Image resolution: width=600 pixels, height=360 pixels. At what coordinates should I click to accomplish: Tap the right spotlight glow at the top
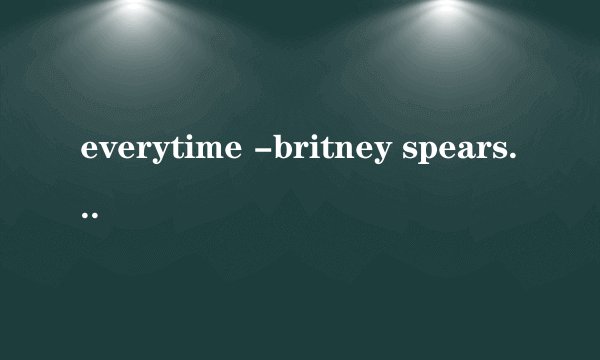[447, 8]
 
